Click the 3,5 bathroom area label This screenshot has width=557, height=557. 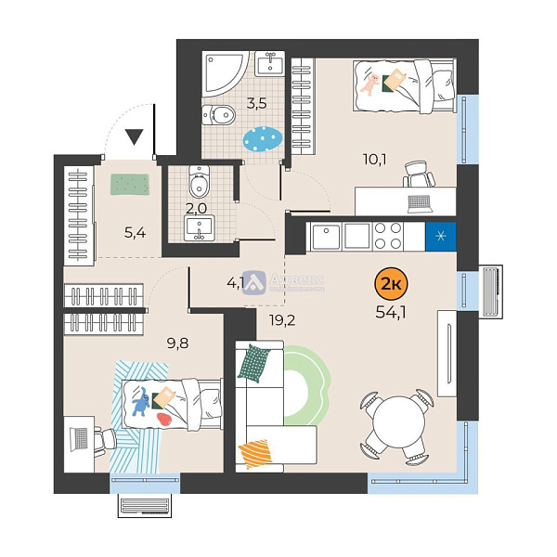(256, 103)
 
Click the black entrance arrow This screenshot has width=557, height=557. (136, 138)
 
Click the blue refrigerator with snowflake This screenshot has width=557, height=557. (438, 236)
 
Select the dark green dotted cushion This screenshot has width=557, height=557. (254, 363)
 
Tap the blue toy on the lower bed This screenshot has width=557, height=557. (140, 404)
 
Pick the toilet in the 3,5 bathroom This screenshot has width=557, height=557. (219, 115)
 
